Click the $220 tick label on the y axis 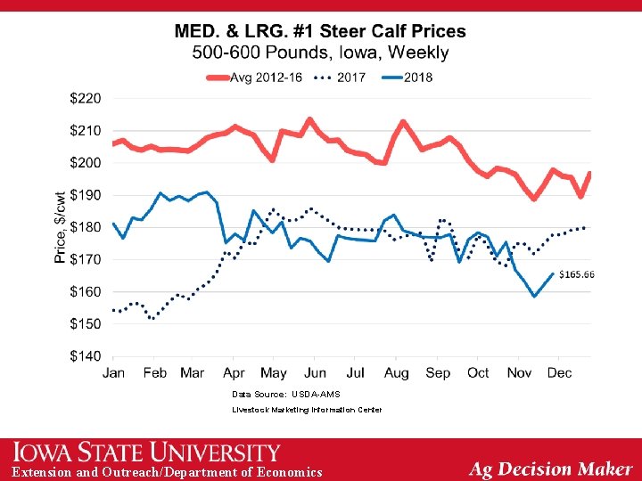(86, 98)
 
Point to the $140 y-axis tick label (86, 356)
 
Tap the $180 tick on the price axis (86, 227)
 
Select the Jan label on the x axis (114, 372)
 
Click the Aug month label (397, 372)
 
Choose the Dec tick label (559, 372)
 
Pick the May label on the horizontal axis (274, 372)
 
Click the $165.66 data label (577, 274)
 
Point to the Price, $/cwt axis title (61, 226)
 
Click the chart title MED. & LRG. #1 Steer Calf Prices (320, 31)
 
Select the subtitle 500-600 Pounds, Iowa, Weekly (320, 53)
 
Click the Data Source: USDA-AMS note (285, 394)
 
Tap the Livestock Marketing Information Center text (307, 410)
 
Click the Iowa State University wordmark (147, 452)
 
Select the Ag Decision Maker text (550, 469)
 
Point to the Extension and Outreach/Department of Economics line (167, 472)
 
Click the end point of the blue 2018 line (553, 274)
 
